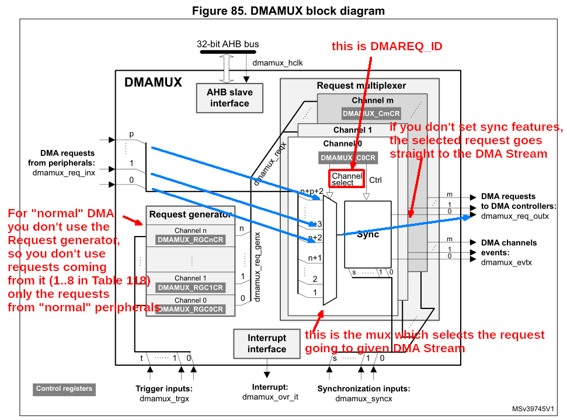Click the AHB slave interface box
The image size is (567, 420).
229,98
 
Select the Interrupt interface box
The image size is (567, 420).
267,343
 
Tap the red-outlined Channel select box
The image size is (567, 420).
347,179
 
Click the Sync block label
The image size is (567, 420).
368,234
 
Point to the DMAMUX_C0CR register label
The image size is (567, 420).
348,158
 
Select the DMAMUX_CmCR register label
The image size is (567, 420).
371,113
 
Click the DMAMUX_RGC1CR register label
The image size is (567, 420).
190,288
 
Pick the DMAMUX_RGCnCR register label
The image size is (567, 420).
190,240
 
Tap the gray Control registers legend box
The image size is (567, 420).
64,389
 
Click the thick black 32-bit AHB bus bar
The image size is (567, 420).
228,52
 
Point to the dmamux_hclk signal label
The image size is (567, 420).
277,63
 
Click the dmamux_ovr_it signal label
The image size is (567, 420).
270,397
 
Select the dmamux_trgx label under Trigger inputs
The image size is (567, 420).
164,399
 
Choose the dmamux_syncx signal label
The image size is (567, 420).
363,399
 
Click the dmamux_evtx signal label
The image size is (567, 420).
506,263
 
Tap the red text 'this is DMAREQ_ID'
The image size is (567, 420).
387,47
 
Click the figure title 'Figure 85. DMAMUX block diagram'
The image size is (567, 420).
288,11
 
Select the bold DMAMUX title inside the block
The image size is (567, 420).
153,82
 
